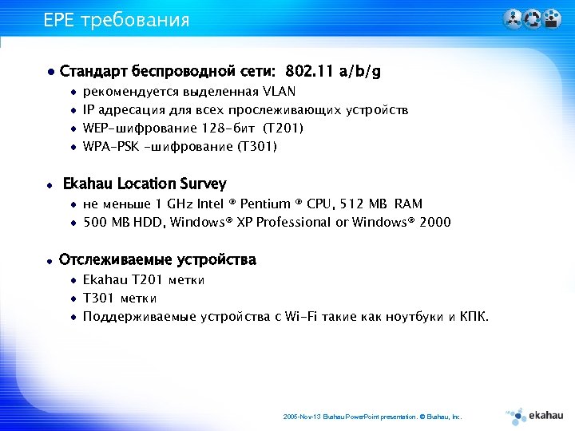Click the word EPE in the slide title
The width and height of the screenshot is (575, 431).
tap(58, 19)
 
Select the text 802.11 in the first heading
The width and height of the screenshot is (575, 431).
tap(307, 72)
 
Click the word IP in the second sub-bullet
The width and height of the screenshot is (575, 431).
tap(89, 109)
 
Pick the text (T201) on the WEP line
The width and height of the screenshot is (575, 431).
tap(284, 128)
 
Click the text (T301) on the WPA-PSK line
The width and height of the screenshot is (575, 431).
tap(258, 146)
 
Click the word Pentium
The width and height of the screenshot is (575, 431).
tap(264, 204)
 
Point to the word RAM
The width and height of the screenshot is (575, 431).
tap(408, 204)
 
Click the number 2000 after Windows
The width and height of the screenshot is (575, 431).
tap(434, 222)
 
